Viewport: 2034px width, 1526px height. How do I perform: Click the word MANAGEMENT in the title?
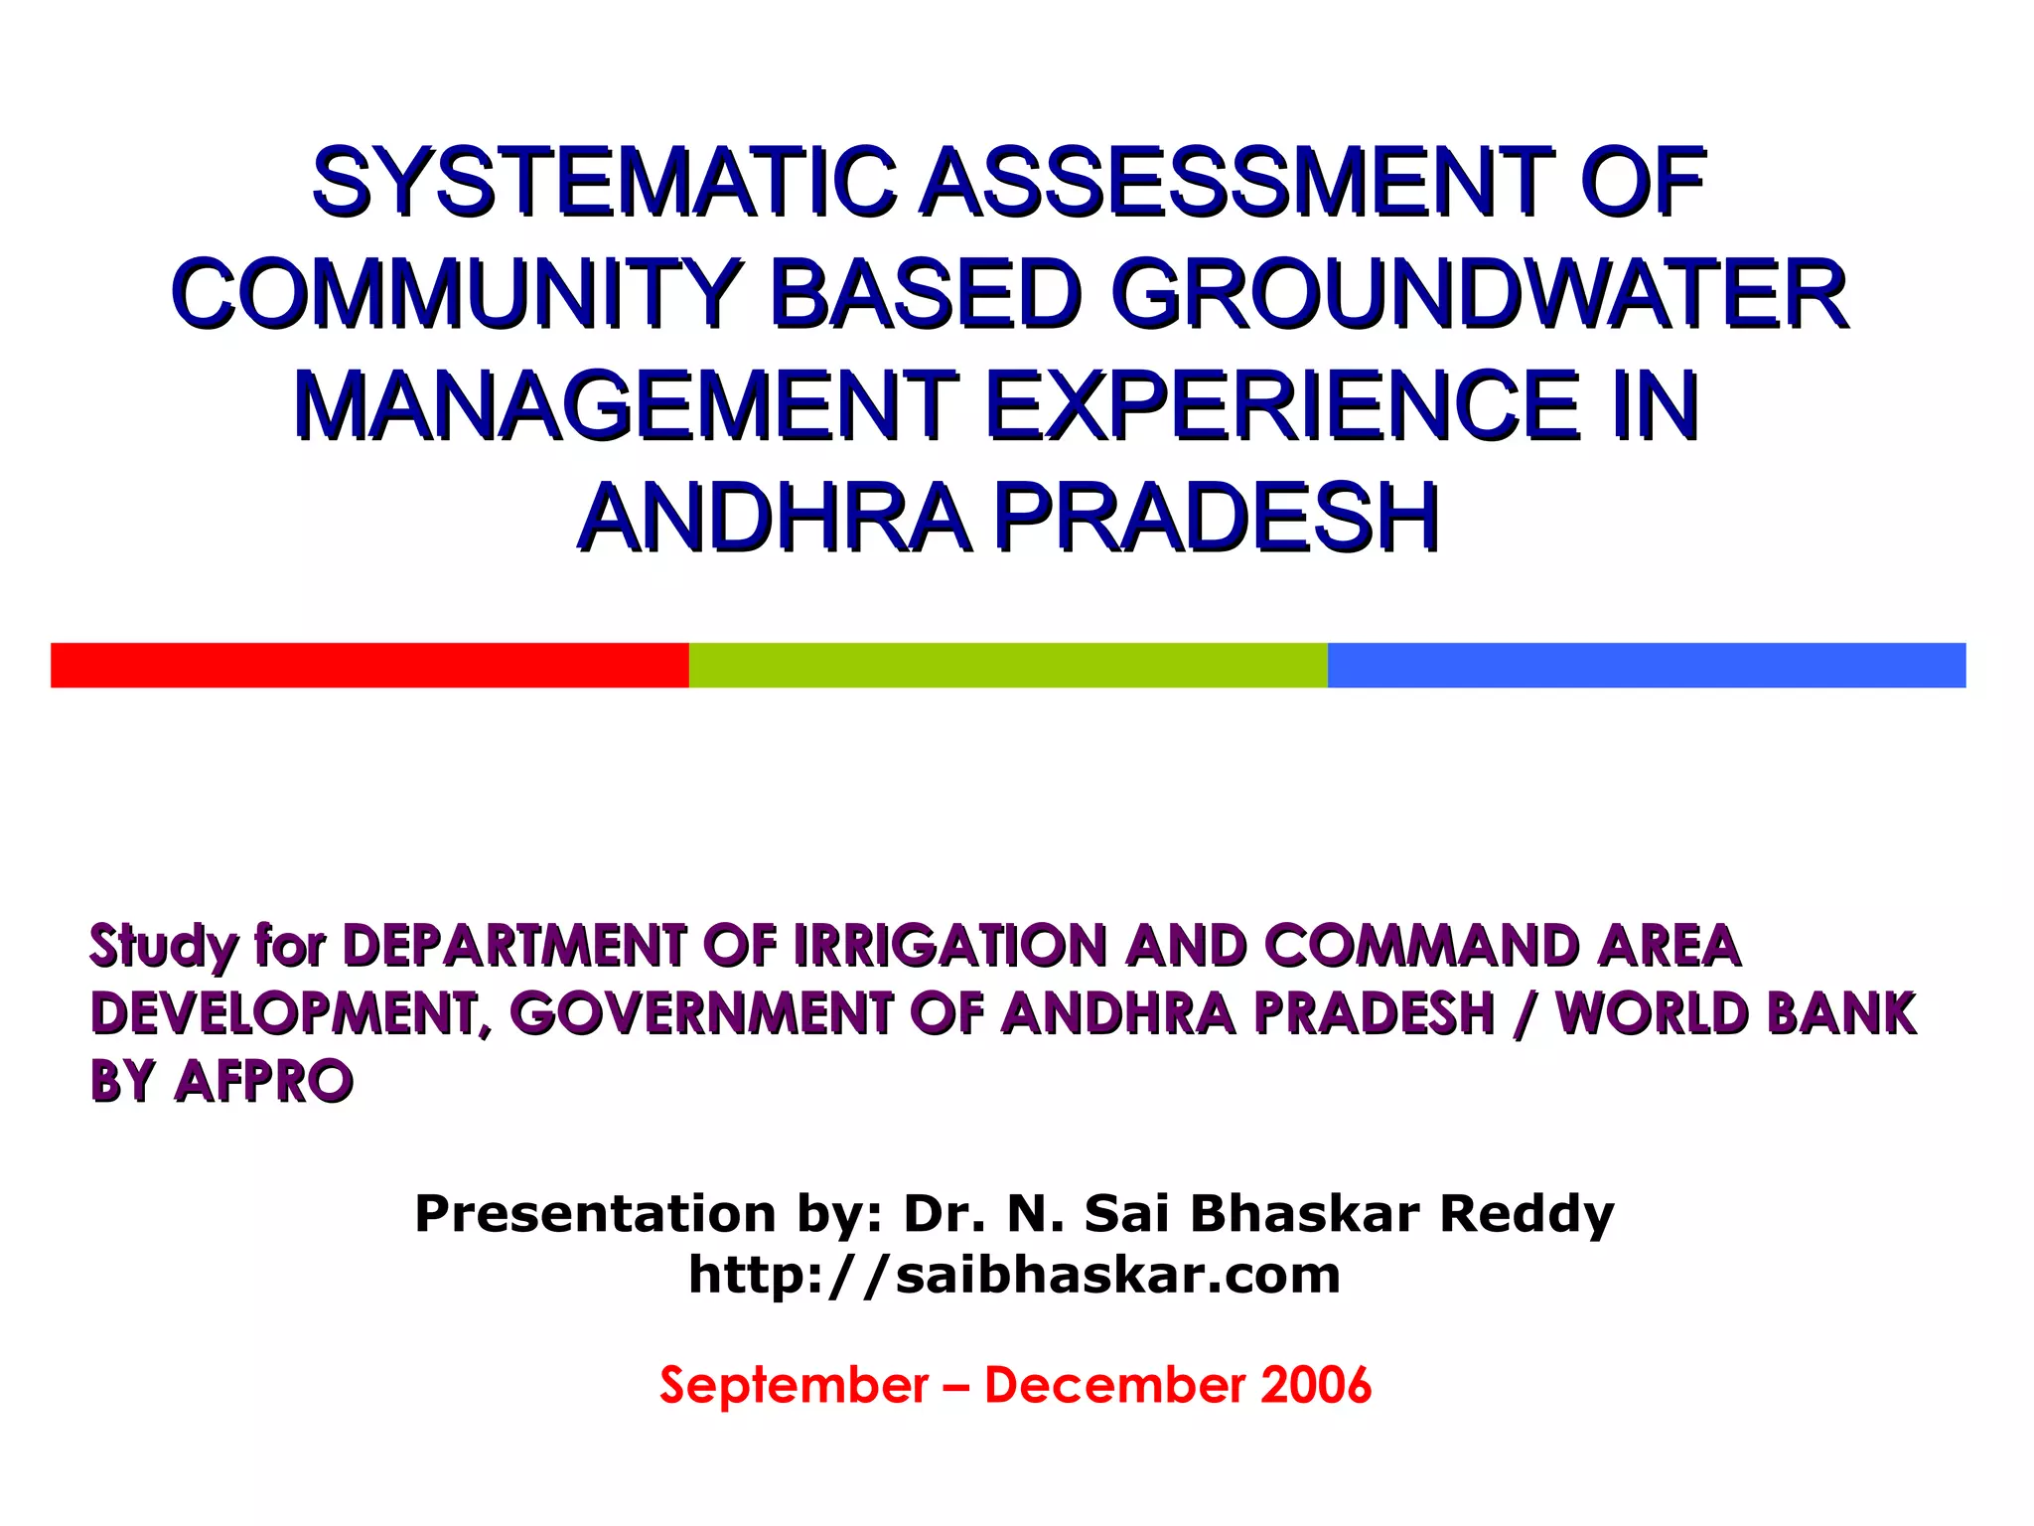626,405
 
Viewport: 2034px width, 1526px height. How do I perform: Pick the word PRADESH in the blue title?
1217,518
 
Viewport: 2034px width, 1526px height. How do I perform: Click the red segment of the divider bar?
369,665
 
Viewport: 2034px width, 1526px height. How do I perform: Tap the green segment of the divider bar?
1008,665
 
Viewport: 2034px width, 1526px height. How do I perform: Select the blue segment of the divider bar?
1647,665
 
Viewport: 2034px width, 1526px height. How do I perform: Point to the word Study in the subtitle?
163,947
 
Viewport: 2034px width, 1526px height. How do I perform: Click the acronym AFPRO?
263,1081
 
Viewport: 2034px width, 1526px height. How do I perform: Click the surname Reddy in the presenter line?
1526,1214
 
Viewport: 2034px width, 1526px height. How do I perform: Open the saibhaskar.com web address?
1015,1275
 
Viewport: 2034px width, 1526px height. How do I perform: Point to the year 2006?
1315,1385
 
